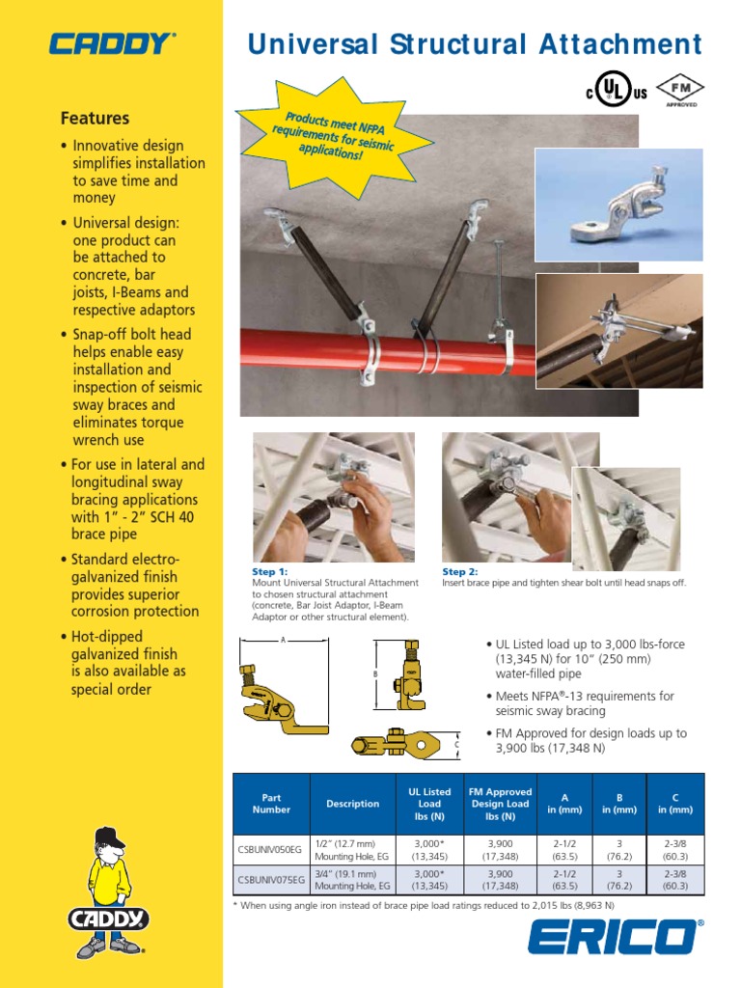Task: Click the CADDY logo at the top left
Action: click(x=112, y=43)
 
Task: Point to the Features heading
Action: click(x=95, y=119)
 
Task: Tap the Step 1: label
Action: click(x=270, y=572)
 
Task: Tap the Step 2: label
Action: click(x=460, y=572)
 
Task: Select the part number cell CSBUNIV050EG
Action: click(x=271, y=849)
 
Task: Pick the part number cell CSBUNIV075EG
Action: click(x=271, y=880)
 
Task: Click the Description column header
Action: click(x=353, y=804)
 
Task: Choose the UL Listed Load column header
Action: click(x=429, y=804)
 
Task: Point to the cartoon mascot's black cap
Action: click(x=109, y=837)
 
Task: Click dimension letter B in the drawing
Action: click(x=374, y=673)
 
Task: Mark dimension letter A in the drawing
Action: click(x=284, y=640)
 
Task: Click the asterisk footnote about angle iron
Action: click(x=425, y=906)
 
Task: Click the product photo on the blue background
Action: click(x=618, y=206)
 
